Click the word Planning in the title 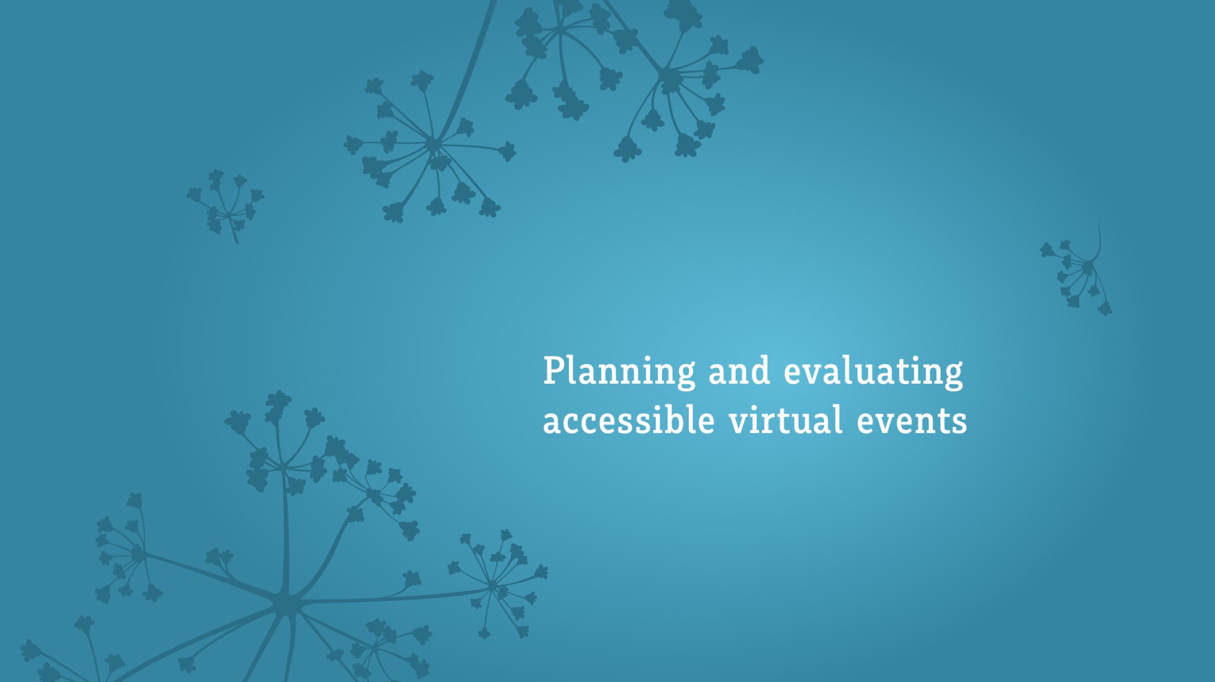click(x=619, y=372)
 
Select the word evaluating click(x=873, y=372)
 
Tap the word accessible click(x=628, y=420)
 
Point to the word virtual click(x=785, y=420)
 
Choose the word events click(x=911, y=422)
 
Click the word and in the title click(x=739, y=372)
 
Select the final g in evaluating click(x=952, y=375)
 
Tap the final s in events click(x=959, y=423)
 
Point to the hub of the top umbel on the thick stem click(x=432, y=144)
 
